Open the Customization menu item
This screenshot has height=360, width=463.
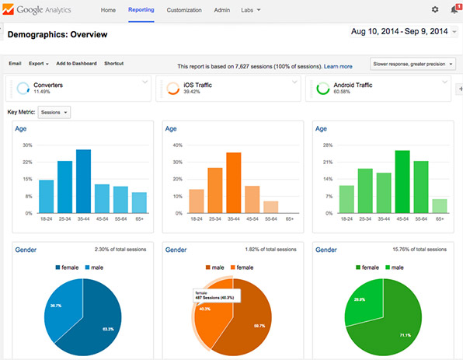click(x=184, y=10)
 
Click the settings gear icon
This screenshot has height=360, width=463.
click(x=434, y=10)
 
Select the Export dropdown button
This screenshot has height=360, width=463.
click(x=38, y=64)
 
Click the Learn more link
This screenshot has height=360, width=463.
click(x=338, y=67)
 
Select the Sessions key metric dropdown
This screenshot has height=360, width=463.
click(x=54, y=113)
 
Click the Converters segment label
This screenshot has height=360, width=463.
click(x=48, y=83)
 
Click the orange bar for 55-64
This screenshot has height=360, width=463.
click(x=270, y=207)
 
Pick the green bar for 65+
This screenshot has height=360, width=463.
click(x=439, y=206)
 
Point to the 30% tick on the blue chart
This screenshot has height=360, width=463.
click(x=27, y=145)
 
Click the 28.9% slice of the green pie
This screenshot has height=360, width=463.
click(x=360, y=298)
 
